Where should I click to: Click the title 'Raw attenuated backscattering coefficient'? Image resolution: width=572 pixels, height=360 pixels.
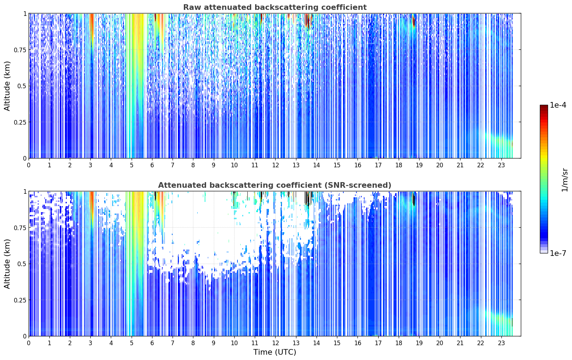[275, 7]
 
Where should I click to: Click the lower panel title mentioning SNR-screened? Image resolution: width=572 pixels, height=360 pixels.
[275, 185]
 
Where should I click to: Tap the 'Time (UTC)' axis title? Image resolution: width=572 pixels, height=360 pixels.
[275, 352]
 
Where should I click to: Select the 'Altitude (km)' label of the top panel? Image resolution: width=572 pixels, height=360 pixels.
[7, 86]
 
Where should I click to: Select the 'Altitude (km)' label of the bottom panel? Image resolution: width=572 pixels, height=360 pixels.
[7, 264]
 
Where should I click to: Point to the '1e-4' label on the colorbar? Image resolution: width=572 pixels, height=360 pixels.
[558, 105]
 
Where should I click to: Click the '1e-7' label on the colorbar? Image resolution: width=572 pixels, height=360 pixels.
[558, 253]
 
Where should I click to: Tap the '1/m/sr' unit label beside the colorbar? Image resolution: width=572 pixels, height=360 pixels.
[565, 180]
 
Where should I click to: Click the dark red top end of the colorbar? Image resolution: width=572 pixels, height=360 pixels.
[544, 106]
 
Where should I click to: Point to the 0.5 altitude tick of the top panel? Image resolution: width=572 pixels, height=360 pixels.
[22, 86]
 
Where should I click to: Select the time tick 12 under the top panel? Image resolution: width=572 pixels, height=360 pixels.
[275, 165]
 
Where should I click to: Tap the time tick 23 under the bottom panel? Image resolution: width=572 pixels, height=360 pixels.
[501, 343]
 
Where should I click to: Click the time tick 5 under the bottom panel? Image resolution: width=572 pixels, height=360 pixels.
[132, 343]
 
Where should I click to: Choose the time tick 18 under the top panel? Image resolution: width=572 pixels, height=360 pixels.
[399, 165]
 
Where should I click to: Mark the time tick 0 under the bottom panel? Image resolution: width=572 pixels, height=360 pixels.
[29, 343]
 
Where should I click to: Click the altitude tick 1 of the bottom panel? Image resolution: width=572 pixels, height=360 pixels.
[25, 192]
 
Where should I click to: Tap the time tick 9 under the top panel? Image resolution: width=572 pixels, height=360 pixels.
[214, 165]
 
